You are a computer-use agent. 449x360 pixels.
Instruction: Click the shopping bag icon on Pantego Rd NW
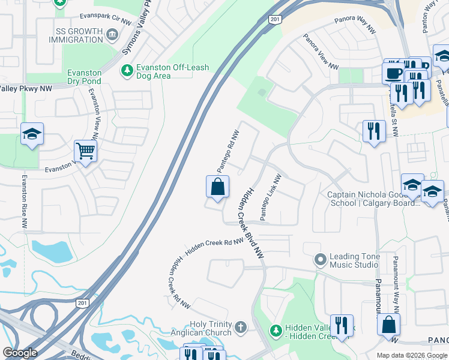click(x=217, y=187)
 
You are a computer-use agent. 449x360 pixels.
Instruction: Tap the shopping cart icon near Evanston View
click(x=85, y=151)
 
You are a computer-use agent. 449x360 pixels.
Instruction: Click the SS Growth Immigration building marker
click(x=112, y=35)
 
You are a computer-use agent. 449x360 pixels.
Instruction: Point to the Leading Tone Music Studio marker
click(x=320, y=260)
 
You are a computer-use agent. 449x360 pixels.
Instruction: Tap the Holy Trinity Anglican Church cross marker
click(x=240, y=328)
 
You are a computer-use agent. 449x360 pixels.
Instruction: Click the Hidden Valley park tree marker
click(x=276, y=330)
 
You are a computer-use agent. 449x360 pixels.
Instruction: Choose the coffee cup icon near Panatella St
click(x=393, y=73)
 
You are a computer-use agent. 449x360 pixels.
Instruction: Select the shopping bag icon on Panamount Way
click(x=388, y=324)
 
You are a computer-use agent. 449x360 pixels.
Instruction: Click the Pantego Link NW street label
click(x=270, y=197)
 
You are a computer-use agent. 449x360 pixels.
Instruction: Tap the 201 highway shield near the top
click(x=275, y=20)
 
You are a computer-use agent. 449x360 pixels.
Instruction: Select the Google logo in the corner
click(x=19, y=353)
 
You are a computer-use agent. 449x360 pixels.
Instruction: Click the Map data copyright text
click(x=412, y=355)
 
